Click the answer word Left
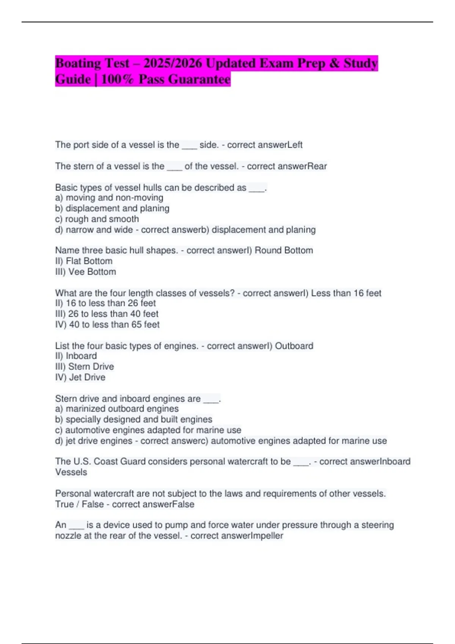[x=295, y=145]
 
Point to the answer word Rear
[x=317, y=166]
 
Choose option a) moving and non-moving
[x=109, y=198]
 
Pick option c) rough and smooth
[x=97, y=219]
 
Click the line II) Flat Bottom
[x=84, y=261]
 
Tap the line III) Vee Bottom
[x=86, y=272]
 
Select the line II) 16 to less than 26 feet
[x=105, y=303]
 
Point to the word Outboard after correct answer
[x=294, y=346]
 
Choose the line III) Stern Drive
[x=85, y=367]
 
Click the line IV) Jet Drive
[x=80, y=377]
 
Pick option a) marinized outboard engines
[x=117, y=409]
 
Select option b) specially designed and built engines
[x=133, y=419]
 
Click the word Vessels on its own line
[x=71, y=472]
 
